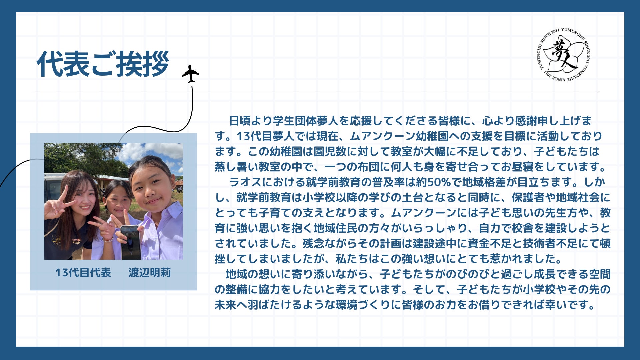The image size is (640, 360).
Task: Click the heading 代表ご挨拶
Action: point(103,64)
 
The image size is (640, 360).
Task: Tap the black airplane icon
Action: point(191,74)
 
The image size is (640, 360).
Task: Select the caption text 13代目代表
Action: point(83,273)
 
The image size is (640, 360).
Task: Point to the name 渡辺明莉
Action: point(150,273)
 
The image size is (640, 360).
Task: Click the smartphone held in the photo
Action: point(130,242)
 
